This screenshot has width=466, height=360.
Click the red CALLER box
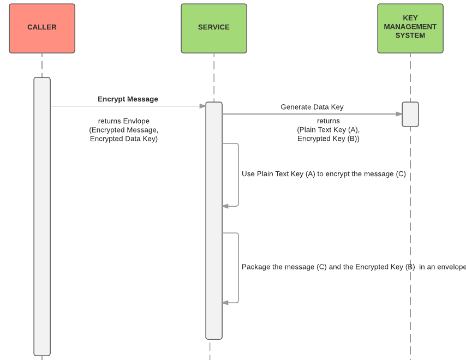click(42, 28)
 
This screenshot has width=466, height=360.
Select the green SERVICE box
click(214, 28)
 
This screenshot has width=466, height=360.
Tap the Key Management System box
click(410, 28)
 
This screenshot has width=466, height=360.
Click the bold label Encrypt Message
click(128, 99)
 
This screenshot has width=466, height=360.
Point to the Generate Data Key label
click(312, 107)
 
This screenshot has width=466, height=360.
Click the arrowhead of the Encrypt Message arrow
click(202, 106)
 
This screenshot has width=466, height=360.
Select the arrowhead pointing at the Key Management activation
click(399, 114)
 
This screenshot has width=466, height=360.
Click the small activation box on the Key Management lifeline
click(410, 115)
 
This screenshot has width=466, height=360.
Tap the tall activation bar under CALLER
click(42, 217)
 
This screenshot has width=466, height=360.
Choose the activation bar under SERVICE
click(214, 221)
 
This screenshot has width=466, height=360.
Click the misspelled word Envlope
click(136, 121)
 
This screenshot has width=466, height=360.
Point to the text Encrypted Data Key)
click(124, 139)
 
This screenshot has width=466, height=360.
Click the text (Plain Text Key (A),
click(328, 130)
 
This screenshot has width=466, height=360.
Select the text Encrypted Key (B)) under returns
click(328, 139)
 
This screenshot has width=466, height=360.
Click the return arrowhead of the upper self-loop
click(225, 206)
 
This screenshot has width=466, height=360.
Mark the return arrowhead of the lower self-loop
click(225, 303)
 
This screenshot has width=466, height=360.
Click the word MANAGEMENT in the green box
click(410, 27)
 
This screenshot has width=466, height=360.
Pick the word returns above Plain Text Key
click(328, 121)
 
